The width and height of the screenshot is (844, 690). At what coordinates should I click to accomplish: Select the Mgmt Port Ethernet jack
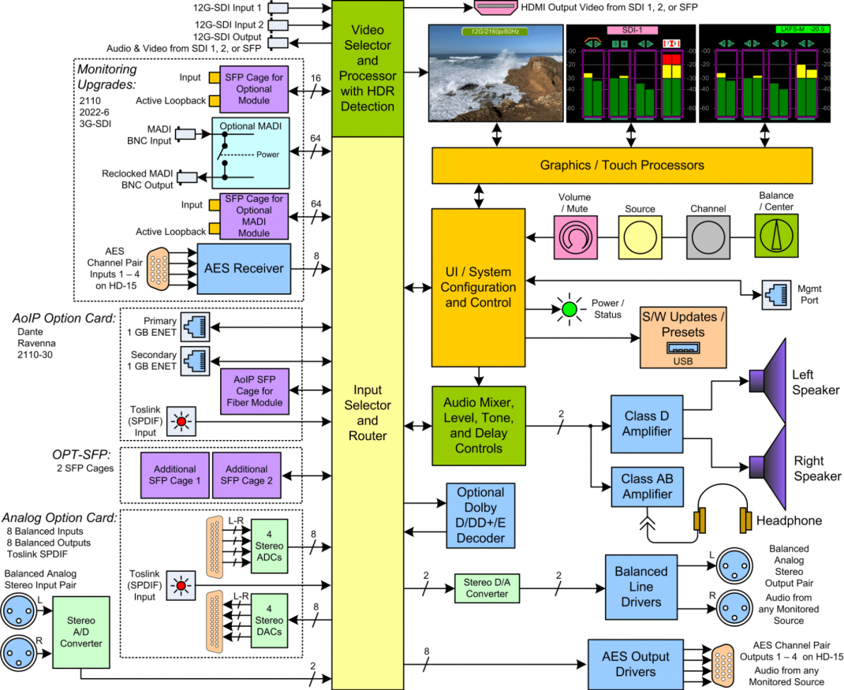click(775, 293)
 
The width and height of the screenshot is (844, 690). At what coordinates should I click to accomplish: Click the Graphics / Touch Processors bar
click(622, 165)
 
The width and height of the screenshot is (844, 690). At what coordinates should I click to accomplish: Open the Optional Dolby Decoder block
click(480, 516)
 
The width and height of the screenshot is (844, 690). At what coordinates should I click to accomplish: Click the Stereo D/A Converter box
click(487, 587)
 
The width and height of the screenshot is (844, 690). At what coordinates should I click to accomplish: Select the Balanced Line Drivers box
click(641, 586)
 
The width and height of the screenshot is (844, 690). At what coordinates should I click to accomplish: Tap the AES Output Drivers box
click(635, 663)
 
